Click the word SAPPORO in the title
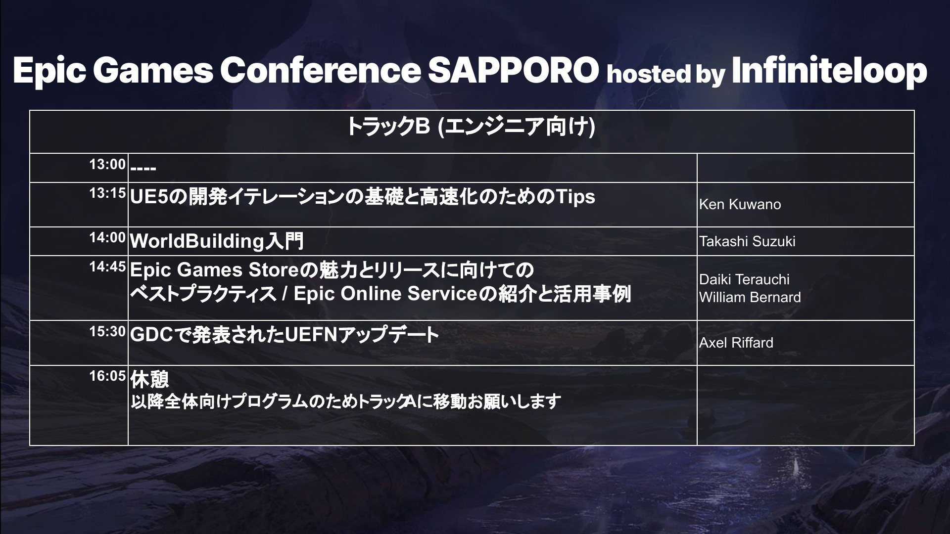click(513, 70)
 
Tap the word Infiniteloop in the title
click(829, 70)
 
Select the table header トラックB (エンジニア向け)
click(471, 127)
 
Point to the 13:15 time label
click(107, 193)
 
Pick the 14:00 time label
click(107, 238)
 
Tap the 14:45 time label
click(107, 267)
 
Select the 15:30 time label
click(107, 332)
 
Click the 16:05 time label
click(107, 376)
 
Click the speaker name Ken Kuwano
click(740, 205)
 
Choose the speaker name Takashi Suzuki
click(747, 241)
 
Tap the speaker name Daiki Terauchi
click(744, 279)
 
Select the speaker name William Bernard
click(750, 297)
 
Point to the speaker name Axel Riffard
click(736, 343)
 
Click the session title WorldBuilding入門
click(217, 241)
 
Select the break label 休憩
click(149, 380)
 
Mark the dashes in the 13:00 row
click(143, 169)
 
